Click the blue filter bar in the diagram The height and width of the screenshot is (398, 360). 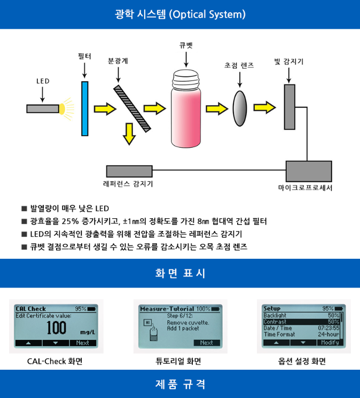coord(85,108)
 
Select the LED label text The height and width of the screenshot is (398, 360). coord(43,82)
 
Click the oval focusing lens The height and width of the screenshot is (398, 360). coord(240,108)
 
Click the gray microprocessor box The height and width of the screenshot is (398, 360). coord(309,171)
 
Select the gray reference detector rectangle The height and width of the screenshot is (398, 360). coord(130,171)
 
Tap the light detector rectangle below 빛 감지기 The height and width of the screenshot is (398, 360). coord(289,107)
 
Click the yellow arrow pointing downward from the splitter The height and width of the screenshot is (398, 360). coord(128,134)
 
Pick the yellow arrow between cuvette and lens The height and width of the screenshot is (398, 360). coord(216,108)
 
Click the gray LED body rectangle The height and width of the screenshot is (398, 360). coord(42,109)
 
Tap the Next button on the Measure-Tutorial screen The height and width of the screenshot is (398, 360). coord(206,343)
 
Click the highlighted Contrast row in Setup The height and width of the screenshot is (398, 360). coord(301,322)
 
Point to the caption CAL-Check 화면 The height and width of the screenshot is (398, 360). coord(55,361)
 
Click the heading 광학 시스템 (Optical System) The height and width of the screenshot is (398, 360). coord(180,14)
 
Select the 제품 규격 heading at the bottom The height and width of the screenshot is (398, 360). coord(180,384)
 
